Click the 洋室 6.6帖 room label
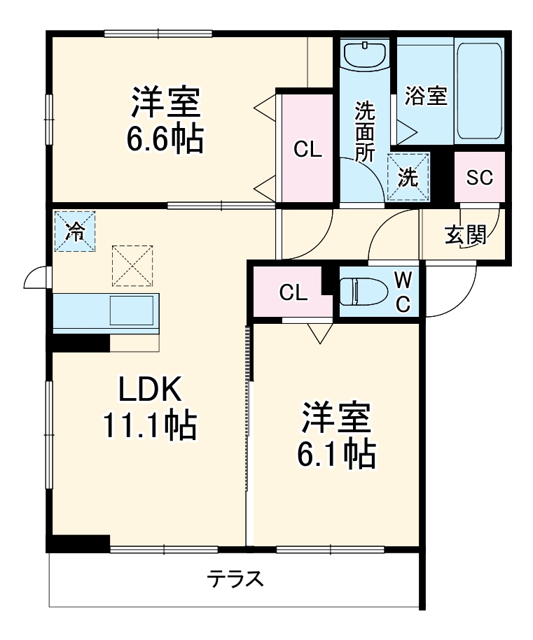pyautogui.click(x=165, y=119)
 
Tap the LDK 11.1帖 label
pyautogui.click(x=150, y=407)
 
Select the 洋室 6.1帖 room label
pyautogui.click(x=336, y=435)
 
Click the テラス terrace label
pyautogui.click(x=235, y=578)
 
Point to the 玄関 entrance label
pyautogui.click(x=466, y=235)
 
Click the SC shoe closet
pyautogui.click(x=480, y=177)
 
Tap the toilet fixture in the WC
pyautogui.click(x=364, y=291)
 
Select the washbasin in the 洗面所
pyautogui.click(x=366, y=55)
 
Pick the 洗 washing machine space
pyautogui.click(x=408, y=177)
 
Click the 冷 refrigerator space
pyautogui.click(x=75, y=232)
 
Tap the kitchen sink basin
pyautogui.click(x=131, y=310)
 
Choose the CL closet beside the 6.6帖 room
pyautogui.click(x=307, y=148)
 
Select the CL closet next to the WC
pyautogui.click(x=293, y=292)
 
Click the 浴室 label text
pyautogui.click(x=426, y=96)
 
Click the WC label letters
pyautogui.click(x=403, y=292)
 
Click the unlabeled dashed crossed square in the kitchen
pyautogui.click(x=132, y=266)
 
